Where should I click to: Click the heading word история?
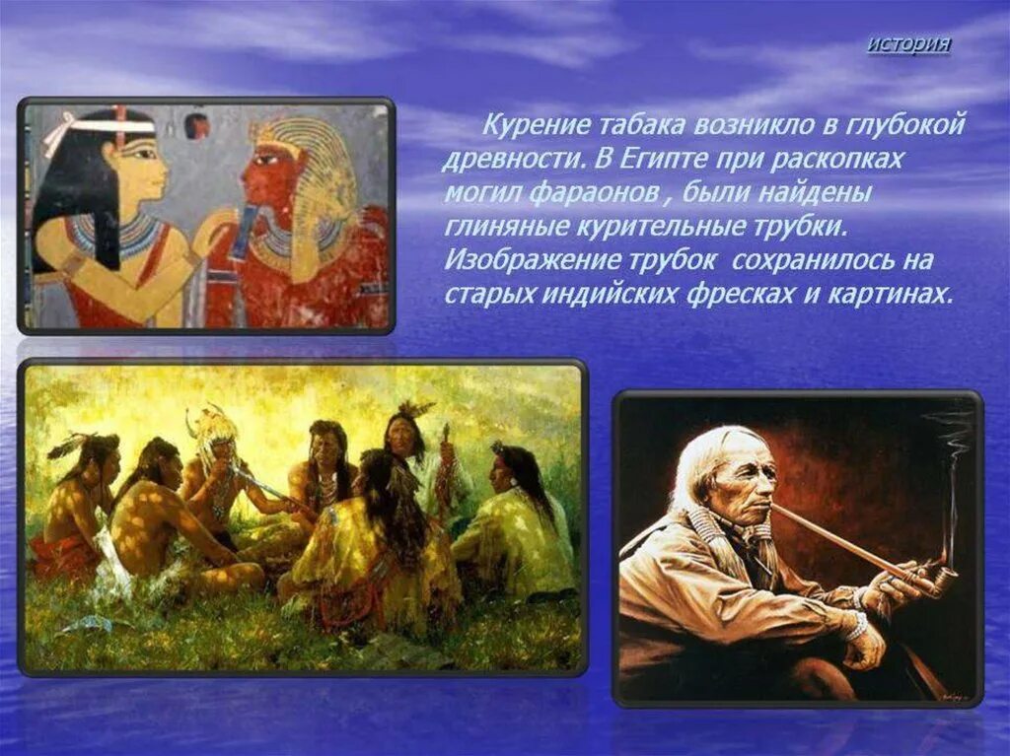coord(909,45)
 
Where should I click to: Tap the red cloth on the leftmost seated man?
coord(59,552)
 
